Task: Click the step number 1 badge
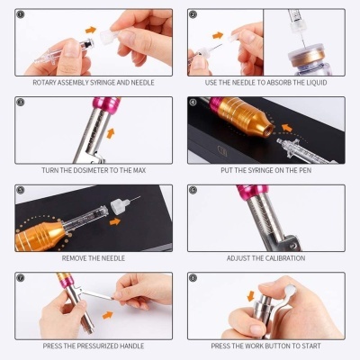click(22, 15)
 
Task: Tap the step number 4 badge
click(193, 102)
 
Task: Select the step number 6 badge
click(193, 190)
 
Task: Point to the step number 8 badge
click(193, 277)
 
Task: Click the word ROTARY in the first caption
click(47, 83)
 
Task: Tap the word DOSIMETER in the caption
click(91, 171)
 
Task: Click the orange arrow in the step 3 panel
click(112, 133)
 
